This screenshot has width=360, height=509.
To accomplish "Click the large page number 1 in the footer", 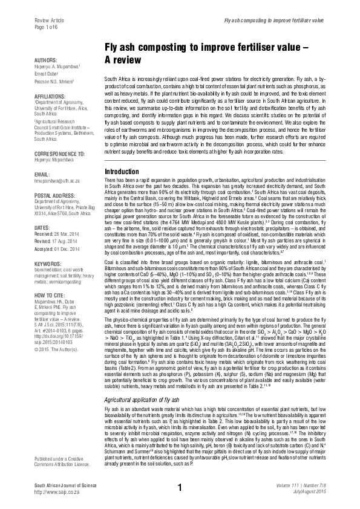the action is [x=180, y=487].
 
